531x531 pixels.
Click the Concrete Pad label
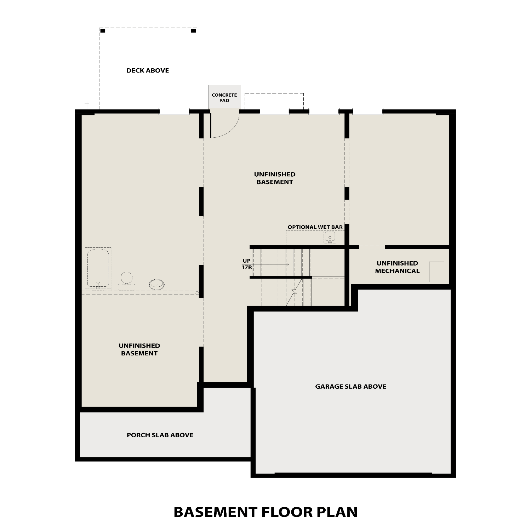(224, 98)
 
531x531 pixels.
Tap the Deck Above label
(148, 70)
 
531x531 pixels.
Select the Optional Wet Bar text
(315, 227)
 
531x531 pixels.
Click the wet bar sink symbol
(330, 237)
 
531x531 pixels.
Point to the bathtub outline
(98, 268)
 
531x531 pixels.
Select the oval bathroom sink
(156, 284)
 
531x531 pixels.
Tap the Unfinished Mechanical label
(397, 267)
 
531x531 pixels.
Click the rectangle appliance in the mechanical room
(436, 272)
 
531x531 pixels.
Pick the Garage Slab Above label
(350, 387)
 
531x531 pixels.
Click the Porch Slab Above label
(160, 435)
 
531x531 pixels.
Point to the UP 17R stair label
(247, 264)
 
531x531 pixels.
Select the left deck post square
(103, 31)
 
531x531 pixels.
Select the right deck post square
(193, 31)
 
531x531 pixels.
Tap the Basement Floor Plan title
(265, 512)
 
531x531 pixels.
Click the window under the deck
(174, 112)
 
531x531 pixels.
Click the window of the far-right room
(367, 112)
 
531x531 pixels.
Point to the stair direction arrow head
(287, 264)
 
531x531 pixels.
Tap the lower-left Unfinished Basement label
(139, 349)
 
